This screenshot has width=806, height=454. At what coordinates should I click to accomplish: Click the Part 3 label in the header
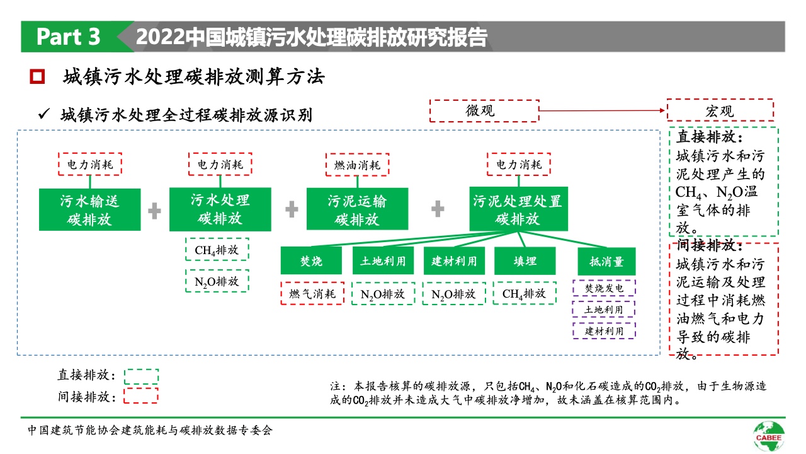coord(68,37)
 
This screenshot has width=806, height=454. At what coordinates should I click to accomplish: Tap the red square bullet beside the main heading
coord(38,77)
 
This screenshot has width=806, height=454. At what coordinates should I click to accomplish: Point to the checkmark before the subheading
coord(44,114)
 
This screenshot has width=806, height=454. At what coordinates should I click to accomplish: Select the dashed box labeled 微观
coord(483,110)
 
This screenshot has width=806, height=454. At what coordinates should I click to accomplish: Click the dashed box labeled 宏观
coord(720,110)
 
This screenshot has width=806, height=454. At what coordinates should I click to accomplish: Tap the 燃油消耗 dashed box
coord(357,165)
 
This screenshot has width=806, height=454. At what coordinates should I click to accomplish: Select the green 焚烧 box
coord(311,260)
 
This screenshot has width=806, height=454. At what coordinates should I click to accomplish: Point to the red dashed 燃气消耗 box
coord(312,293)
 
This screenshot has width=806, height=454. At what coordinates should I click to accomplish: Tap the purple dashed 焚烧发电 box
coord(604,288)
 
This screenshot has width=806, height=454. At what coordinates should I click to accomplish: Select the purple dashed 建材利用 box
coord(604,330)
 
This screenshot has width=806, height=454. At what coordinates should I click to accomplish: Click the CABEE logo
coord(769,434)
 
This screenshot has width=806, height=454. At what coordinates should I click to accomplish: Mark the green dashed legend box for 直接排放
coord(141,376)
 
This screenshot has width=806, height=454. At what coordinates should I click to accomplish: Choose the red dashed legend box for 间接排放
coord(141,396)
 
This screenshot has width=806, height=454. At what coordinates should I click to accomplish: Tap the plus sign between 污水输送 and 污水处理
coord(155,211)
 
